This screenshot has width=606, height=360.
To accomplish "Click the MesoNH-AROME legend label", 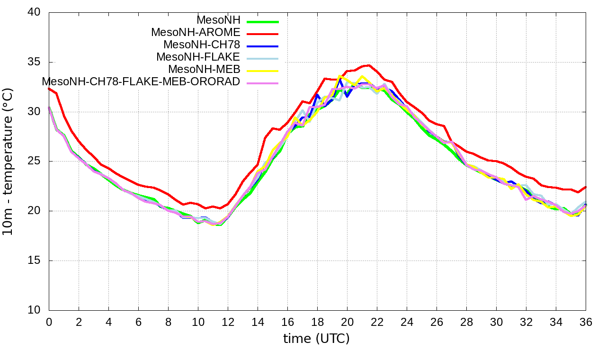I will tap(196, 33).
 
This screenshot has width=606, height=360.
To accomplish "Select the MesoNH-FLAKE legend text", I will tap(198, 57).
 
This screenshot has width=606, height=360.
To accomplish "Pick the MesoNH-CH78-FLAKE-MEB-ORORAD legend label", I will tap(141, 81).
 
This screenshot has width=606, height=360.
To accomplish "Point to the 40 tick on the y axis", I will tap(34, 13).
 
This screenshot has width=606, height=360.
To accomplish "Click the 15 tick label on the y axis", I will tap(34, 261).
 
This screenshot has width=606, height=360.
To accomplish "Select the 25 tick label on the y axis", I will tap(34, 162).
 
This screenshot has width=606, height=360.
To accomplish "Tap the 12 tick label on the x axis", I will tap(228, 322).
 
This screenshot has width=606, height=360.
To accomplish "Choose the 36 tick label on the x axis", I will tap(586, 322).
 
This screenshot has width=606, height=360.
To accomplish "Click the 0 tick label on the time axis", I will tap(49, 322).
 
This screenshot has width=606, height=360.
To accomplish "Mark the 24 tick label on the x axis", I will tap(407, 322).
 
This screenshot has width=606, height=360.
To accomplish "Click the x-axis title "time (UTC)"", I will tap(316, 339).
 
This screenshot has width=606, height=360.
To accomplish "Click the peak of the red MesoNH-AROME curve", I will tap(369, 65).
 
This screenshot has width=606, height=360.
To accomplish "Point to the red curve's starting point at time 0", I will tap(49, 89).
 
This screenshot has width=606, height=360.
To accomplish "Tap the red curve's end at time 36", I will tap(586, 187).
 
